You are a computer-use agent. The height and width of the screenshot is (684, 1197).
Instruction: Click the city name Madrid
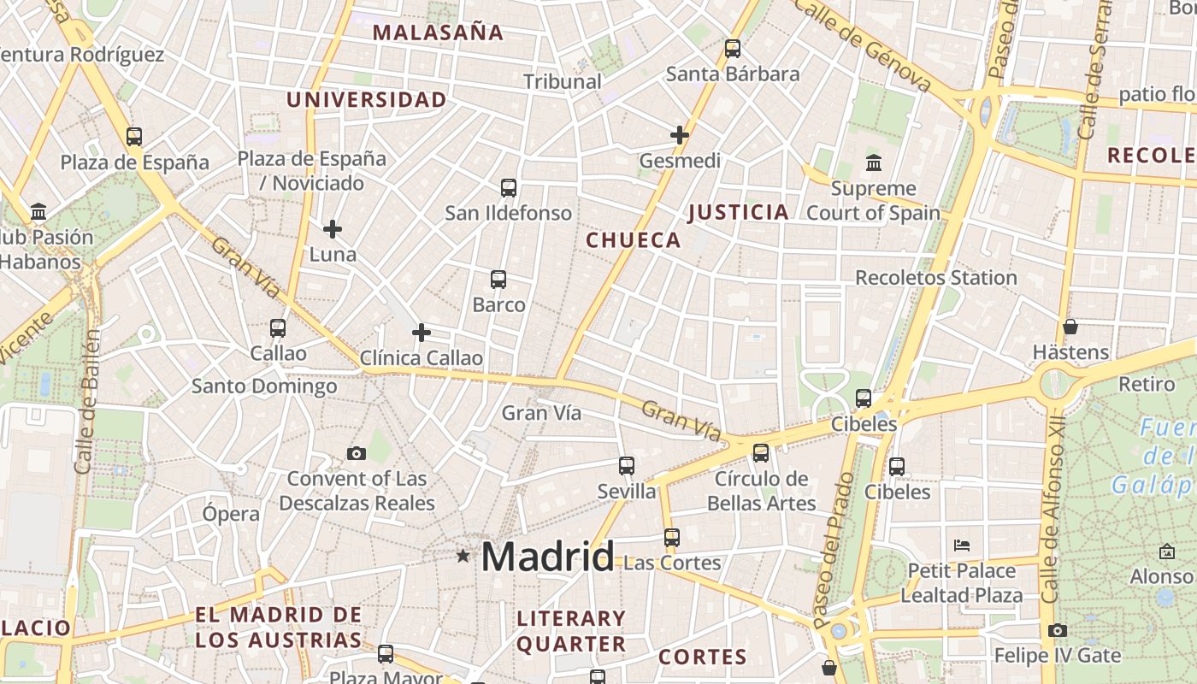coord(547,557)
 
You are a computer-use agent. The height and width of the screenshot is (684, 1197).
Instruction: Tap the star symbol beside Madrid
coord(463,556)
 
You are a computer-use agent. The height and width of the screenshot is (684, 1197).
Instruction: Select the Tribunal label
coord(563,82)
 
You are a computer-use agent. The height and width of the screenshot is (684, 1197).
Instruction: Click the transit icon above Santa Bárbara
coord(733,49)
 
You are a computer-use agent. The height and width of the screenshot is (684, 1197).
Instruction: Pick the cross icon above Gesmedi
coord(680,135)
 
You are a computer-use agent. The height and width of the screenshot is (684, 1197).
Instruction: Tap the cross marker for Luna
coord(333,229)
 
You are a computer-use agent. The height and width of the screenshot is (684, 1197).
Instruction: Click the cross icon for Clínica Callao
coord(422,333)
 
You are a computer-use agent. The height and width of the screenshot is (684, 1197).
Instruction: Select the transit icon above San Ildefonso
coord(509,188)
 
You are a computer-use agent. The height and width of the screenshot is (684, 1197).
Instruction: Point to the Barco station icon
coord(498,280)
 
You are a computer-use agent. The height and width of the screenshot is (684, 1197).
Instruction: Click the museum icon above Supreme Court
coord(874,162)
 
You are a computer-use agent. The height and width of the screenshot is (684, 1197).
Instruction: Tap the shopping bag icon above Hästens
coord(1070,327)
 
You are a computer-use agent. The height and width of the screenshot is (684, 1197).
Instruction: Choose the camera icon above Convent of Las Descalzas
coord(357,453)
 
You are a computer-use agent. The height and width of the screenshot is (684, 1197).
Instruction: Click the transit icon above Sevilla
coord(627,466)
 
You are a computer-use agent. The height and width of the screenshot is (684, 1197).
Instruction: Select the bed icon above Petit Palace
coord(962,545)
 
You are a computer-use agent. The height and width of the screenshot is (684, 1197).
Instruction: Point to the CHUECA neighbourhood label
coord(634,240)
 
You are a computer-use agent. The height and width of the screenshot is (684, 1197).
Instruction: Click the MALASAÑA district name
coord(439,33)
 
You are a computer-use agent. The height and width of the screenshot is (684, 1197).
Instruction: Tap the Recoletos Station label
coord(936,278)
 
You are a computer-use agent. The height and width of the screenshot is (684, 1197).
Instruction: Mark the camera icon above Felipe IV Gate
coord(1058,630)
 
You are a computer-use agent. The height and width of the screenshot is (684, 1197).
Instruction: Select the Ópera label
coord(231,514)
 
